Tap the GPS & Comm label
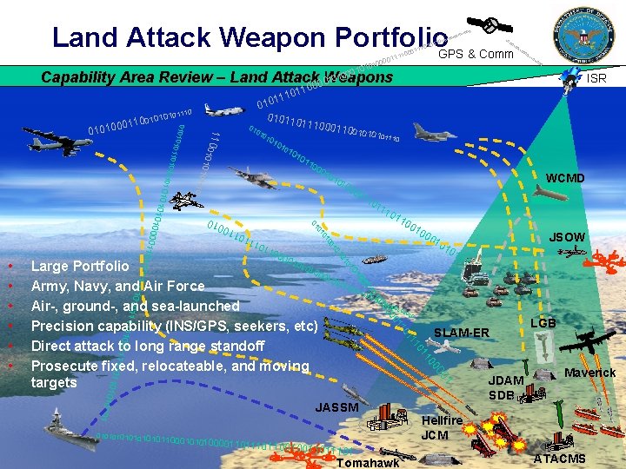[476, 54]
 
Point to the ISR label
[596, 78]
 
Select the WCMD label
[565, 179]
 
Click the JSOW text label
[567, 236]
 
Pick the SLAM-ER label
[463, 333]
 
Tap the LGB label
[544, 323]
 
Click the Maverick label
[590, 373]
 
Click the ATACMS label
[559, 459]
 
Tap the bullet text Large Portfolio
[80, 266]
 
